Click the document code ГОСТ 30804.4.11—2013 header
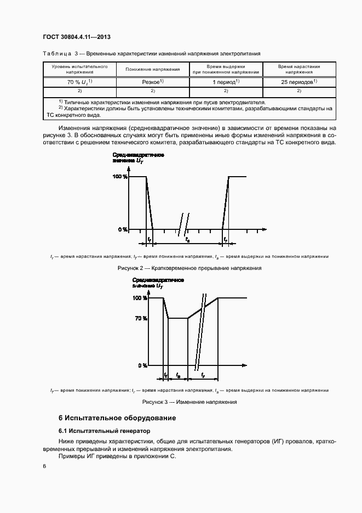[77, 37]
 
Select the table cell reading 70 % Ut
[79, 82]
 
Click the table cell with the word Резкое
[153, 82]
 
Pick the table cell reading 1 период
[226, 82]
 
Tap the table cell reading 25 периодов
[299, 82]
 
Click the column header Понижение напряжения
[153, 69]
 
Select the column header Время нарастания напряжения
[299, 69]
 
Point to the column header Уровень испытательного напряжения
[79, 69]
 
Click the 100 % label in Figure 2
[120, 177]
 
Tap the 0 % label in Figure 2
[123, 229]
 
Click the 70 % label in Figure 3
[140, 318]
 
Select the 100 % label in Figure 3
[139, 298]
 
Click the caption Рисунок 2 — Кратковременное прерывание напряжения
[189, 268]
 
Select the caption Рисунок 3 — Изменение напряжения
[189, 402]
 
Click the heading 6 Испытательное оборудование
[117, 418]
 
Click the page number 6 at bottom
[44, 466]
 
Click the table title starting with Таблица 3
[151, 54]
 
